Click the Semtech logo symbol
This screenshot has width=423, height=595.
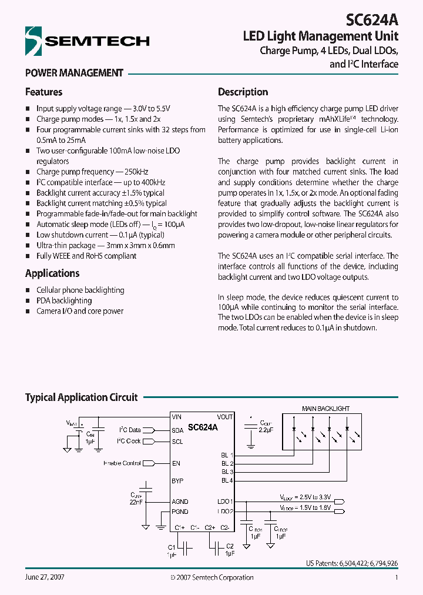(34, 41)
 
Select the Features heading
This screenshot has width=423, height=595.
(43, 92)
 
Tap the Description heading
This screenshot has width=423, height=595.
(243, 92)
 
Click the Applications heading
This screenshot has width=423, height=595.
(52, 273)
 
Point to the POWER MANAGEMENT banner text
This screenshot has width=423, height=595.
(74, 73)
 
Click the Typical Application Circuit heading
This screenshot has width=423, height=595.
(81, 397)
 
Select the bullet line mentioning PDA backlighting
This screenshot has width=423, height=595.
(64, 300)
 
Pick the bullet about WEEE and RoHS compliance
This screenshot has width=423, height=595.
(86, 256)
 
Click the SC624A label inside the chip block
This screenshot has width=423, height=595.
(203, 428)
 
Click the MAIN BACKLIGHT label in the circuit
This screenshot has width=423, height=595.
(325, 408)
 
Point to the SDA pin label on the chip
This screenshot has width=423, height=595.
(177, 430)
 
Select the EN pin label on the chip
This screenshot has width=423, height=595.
(176, 463)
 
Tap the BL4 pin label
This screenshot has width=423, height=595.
(227, 481)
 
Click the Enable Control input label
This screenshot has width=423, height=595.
(122, 463)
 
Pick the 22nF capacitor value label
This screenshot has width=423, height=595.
(136, 502)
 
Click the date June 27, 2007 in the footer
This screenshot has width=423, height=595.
(45, 577)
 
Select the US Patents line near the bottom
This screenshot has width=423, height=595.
(351, 563)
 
